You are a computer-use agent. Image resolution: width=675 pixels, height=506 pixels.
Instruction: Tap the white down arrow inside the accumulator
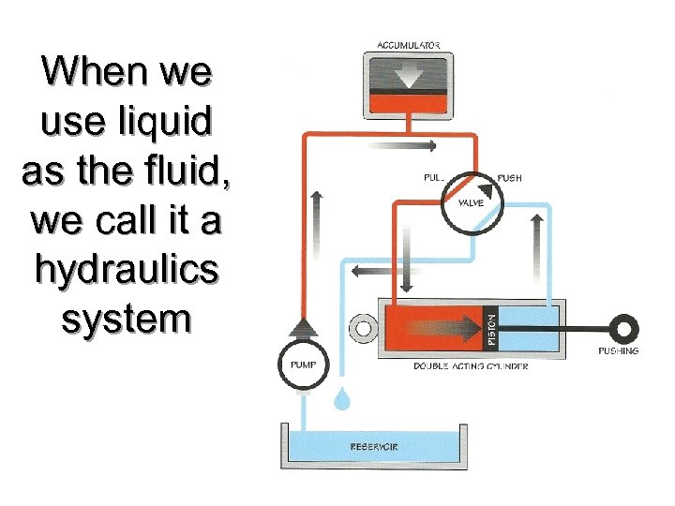point(408,73)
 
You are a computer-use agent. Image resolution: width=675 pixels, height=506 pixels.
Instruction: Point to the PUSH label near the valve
point(510,177)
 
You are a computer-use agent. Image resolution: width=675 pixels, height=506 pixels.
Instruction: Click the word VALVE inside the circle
point(471,203)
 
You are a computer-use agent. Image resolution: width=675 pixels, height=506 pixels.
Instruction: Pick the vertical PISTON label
point(488,327)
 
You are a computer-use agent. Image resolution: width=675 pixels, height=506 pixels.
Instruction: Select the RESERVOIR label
point(374,446)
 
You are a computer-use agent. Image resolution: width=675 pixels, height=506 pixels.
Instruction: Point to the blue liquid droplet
point(342,400)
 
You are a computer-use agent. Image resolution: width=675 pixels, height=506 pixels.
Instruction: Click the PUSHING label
point(618,351)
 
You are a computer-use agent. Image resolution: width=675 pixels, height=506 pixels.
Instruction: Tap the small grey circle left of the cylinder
point(360,329)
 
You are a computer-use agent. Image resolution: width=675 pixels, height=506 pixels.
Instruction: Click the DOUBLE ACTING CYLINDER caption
point(471,365)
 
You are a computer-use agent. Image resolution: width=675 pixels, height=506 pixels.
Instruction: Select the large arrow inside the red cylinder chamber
point(441,327)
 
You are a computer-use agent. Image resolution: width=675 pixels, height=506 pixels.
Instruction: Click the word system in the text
point(126,318)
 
